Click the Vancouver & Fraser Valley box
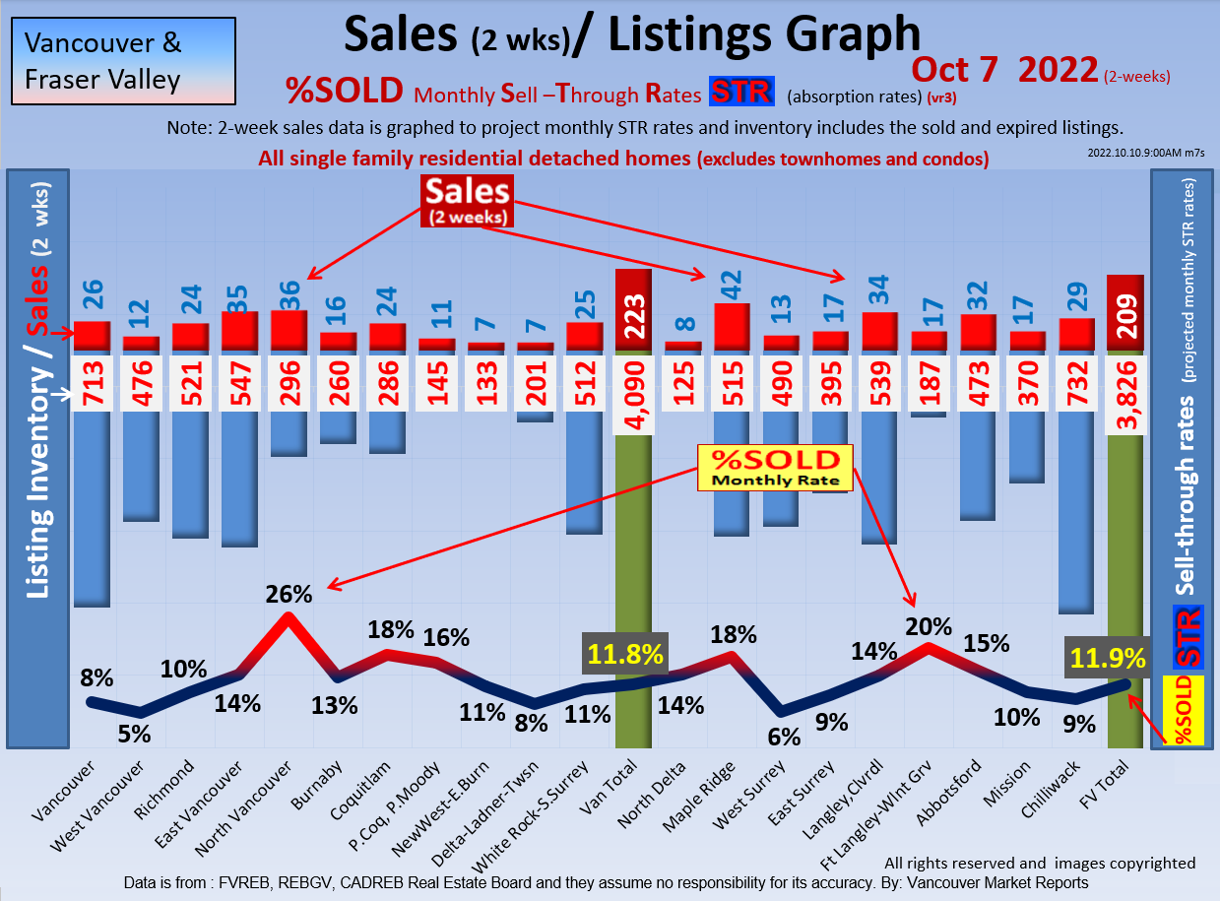point(123,61)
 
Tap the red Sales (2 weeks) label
point(468,201)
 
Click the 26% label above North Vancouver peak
point(289,594)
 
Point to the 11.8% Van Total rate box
point(626,655)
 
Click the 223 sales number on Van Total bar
point(633,315)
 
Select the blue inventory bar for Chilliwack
point(1076,512)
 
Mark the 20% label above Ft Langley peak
point(929,626)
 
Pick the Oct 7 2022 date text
point(1004,70)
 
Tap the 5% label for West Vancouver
point(134,734)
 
